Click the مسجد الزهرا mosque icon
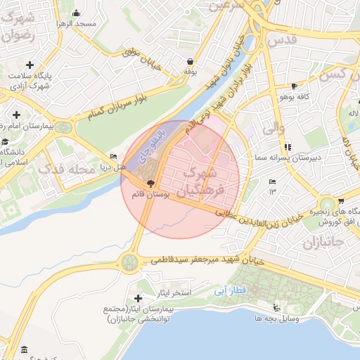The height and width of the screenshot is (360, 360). pos(76,13)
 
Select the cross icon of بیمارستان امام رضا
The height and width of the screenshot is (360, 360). pos(15,113)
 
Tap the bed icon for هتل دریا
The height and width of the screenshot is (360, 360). pos(114,156)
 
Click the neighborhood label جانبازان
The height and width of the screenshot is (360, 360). pos(323,244)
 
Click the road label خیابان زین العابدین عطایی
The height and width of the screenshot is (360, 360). pos(264,217)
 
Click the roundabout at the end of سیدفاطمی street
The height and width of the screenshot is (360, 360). pos(129,262)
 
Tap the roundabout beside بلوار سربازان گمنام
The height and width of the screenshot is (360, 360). pos(64,127)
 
